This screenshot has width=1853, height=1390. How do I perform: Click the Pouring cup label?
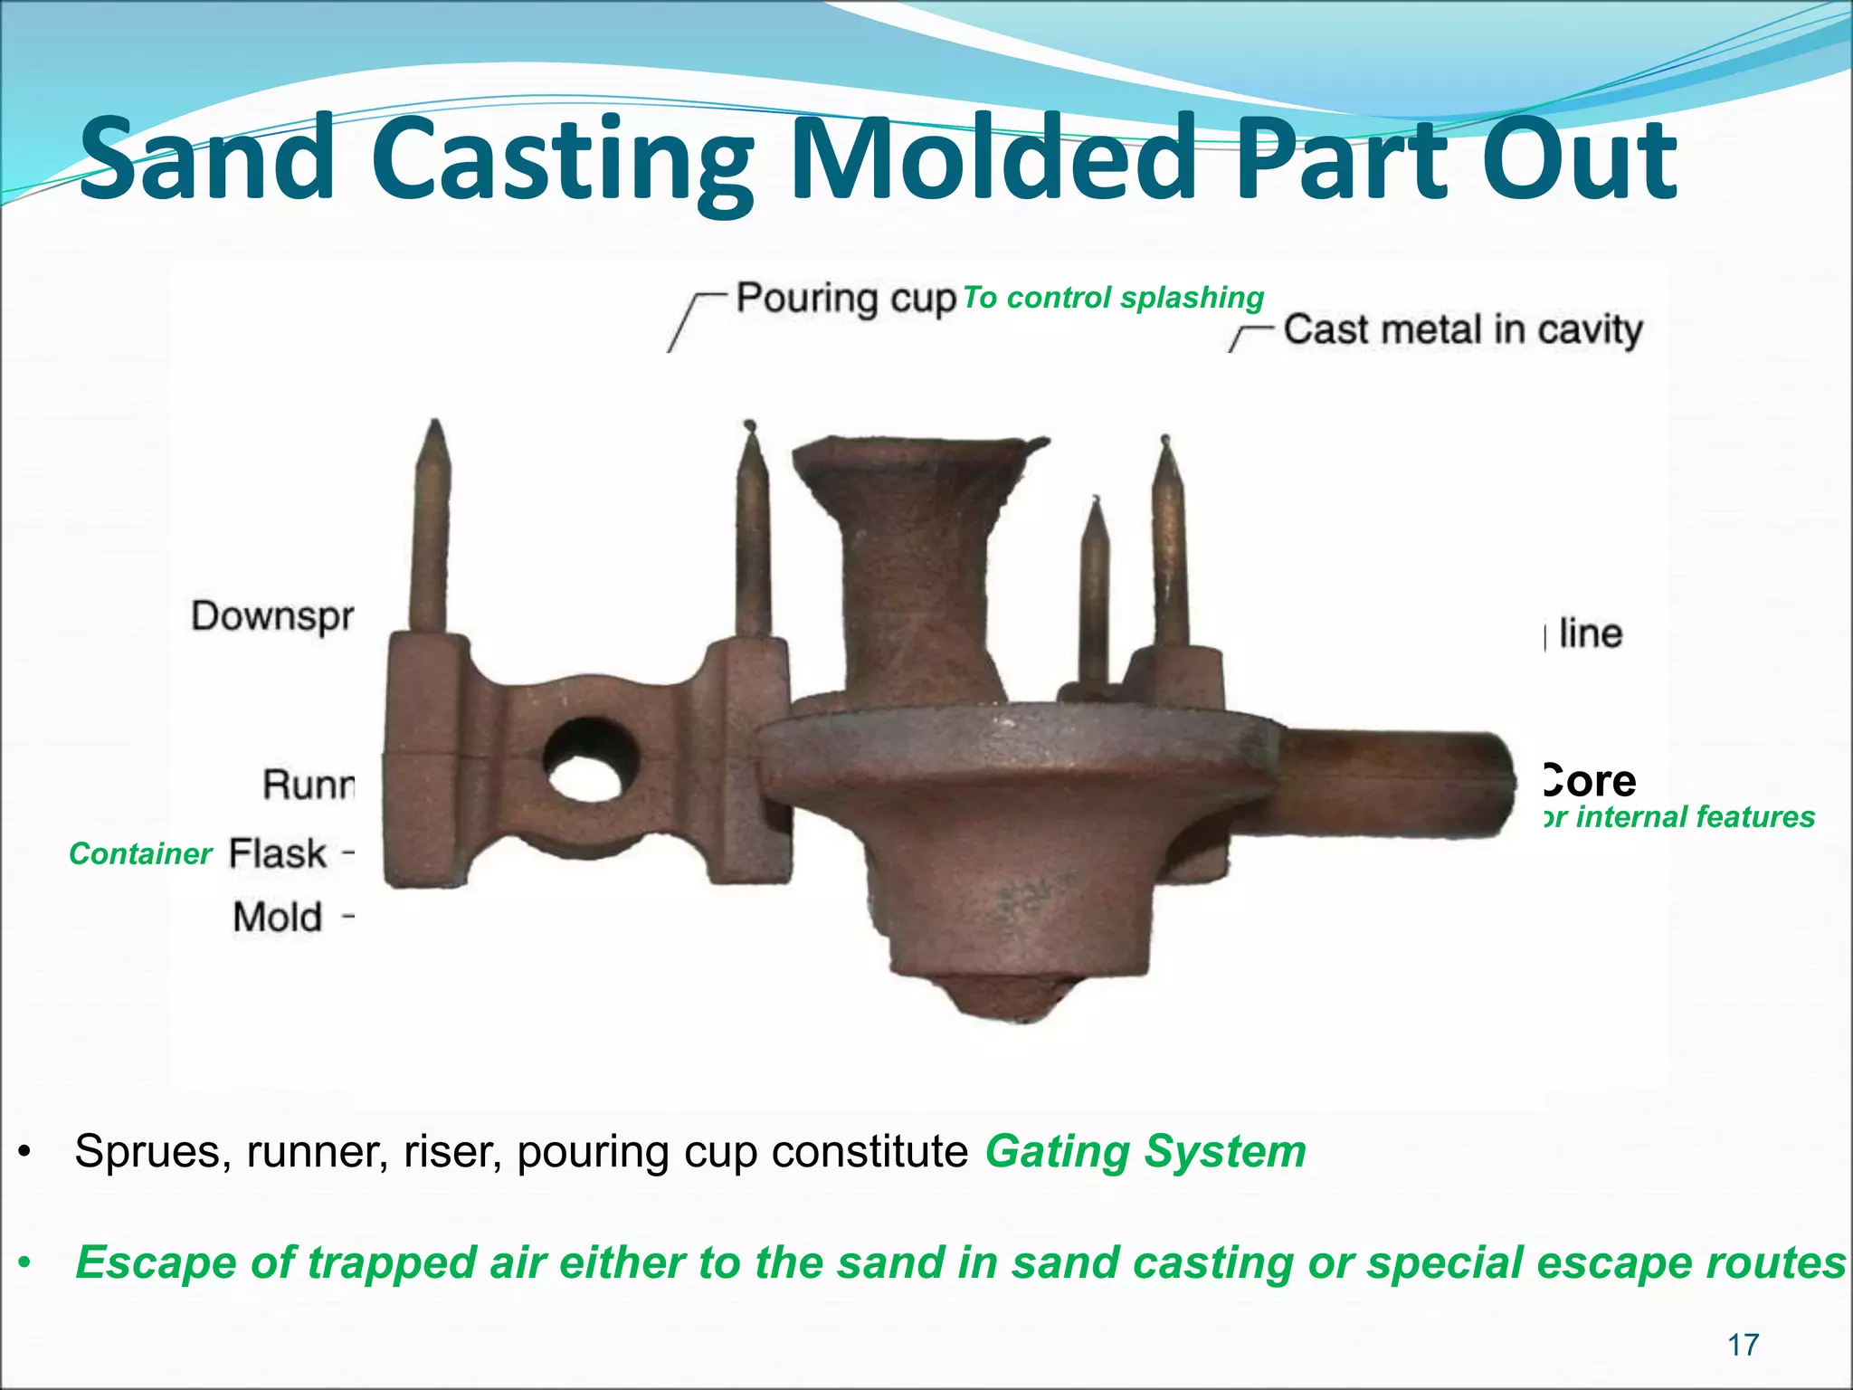[845, 299]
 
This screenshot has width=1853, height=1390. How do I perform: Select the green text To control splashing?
[1112, 297]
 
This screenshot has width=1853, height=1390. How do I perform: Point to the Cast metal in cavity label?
[1462, 329]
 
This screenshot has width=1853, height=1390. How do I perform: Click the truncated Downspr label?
[272, 617]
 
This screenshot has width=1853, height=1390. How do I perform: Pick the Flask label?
[277, 853]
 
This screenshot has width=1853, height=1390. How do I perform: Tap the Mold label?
[277, 918]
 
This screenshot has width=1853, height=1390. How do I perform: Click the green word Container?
[140, 853]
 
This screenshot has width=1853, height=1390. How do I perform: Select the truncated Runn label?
[309, 784]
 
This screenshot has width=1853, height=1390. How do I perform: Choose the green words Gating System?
[1145, 1152]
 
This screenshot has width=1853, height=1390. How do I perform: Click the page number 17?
[1744, 1346]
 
